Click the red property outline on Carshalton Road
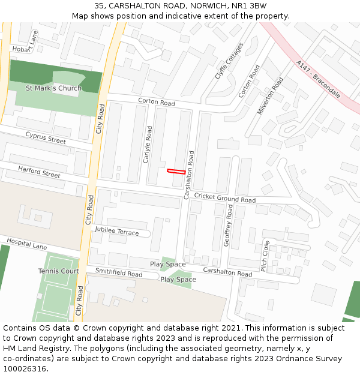(176, 172)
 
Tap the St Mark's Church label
(53, 88)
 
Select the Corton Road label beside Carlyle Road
(157, 103)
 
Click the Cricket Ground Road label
(225, 198)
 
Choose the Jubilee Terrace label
(117, 232)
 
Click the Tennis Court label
(59, 271)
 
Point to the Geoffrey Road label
(229, 224)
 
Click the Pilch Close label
(265, 256)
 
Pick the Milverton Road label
(270, 96)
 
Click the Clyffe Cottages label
(229, 61)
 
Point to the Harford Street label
(39, 172)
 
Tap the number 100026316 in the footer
(24, 368)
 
